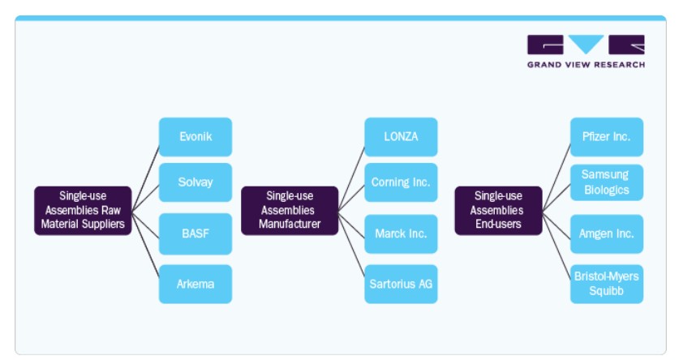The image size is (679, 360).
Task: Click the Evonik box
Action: point(196,137)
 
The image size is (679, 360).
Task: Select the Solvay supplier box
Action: point(196,182)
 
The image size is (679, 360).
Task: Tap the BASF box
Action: point(196,234)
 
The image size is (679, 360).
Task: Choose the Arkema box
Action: point(196,284)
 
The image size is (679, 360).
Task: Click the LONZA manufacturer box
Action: point(401,137)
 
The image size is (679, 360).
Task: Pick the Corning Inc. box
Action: point(401,182)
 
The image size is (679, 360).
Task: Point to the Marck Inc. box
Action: point(401,234)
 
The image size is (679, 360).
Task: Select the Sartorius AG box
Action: point(401,284)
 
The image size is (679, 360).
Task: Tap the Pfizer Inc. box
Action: point(607,137)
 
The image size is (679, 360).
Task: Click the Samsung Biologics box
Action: point(607,182)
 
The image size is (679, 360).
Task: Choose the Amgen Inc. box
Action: point(607,234)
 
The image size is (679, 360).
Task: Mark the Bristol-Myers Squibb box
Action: point(607,284)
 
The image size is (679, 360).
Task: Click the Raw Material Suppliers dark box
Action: point(83,211)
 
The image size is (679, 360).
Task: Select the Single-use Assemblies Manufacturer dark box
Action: point(290,211)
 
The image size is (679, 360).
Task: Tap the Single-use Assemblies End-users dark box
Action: point(498,211)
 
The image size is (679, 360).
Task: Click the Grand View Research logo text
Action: point(586,65)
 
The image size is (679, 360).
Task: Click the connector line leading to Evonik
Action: point(145,178)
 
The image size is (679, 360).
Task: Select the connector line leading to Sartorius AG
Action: point(351,244)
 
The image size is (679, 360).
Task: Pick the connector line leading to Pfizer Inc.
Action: point(557,178)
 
